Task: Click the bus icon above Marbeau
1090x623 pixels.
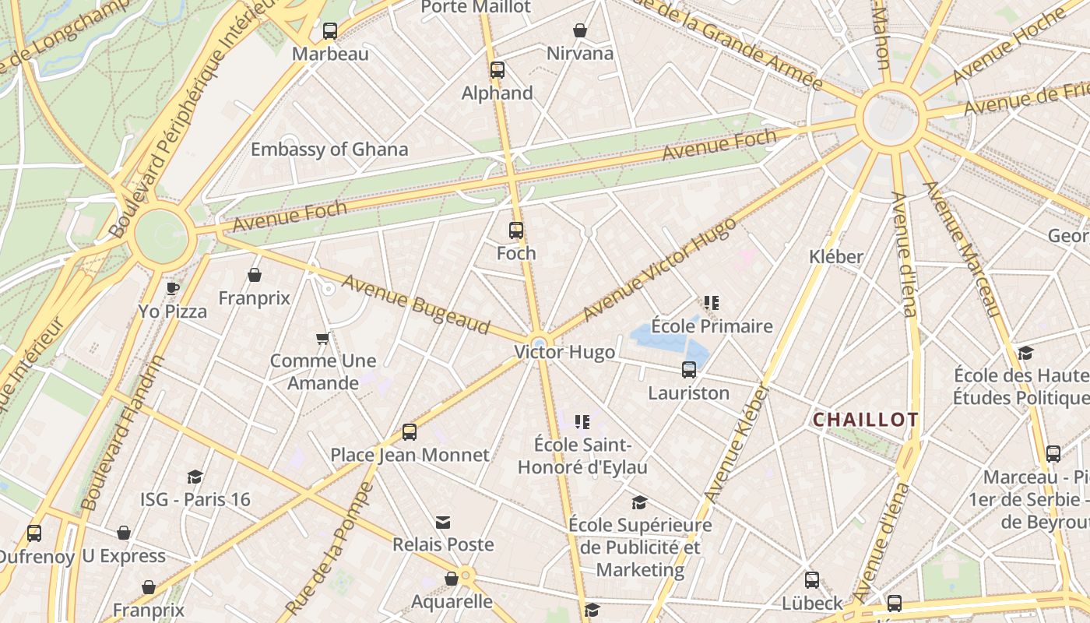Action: click(x=330, y=31)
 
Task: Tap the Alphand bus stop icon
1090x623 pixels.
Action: click(x=498, y=70)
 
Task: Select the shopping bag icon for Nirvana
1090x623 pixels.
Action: click(x=580, y=30)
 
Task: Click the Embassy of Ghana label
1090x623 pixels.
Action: click(x=329, y=150)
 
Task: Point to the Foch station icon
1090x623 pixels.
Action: click(x=516, y=231)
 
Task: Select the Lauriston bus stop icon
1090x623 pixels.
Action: click(x=689, y=370)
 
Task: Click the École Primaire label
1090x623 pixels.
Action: click(x=712, y=326)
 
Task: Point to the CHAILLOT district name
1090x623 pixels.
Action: click(x=865, y=420)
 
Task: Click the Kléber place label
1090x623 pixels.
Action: click(x=836, y=256)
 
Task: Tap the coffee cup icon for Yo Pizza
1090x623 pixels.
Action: click(x=173, y=289)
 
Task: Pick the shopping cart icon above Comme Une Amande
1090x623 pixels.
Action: click(x=323, y=338)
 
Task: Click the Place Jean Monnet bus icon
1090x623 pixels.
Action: click(x=410, y=432)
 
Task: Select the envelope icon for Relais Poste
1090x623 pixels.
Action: click(x=443, y=522)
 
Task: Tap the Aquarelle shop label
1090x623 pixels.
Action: click(x=452, y=601)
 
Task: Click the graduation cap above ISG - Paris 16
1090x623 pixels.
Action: click(x=195, y=477)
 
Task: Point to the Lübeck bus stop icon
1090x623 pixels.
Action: click(x=812, y=580)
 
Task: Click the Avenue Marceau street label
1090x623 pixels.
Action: click(x=962, y=249)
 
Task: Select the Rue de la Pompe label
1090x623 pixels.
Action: click(x=330, y=548)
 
